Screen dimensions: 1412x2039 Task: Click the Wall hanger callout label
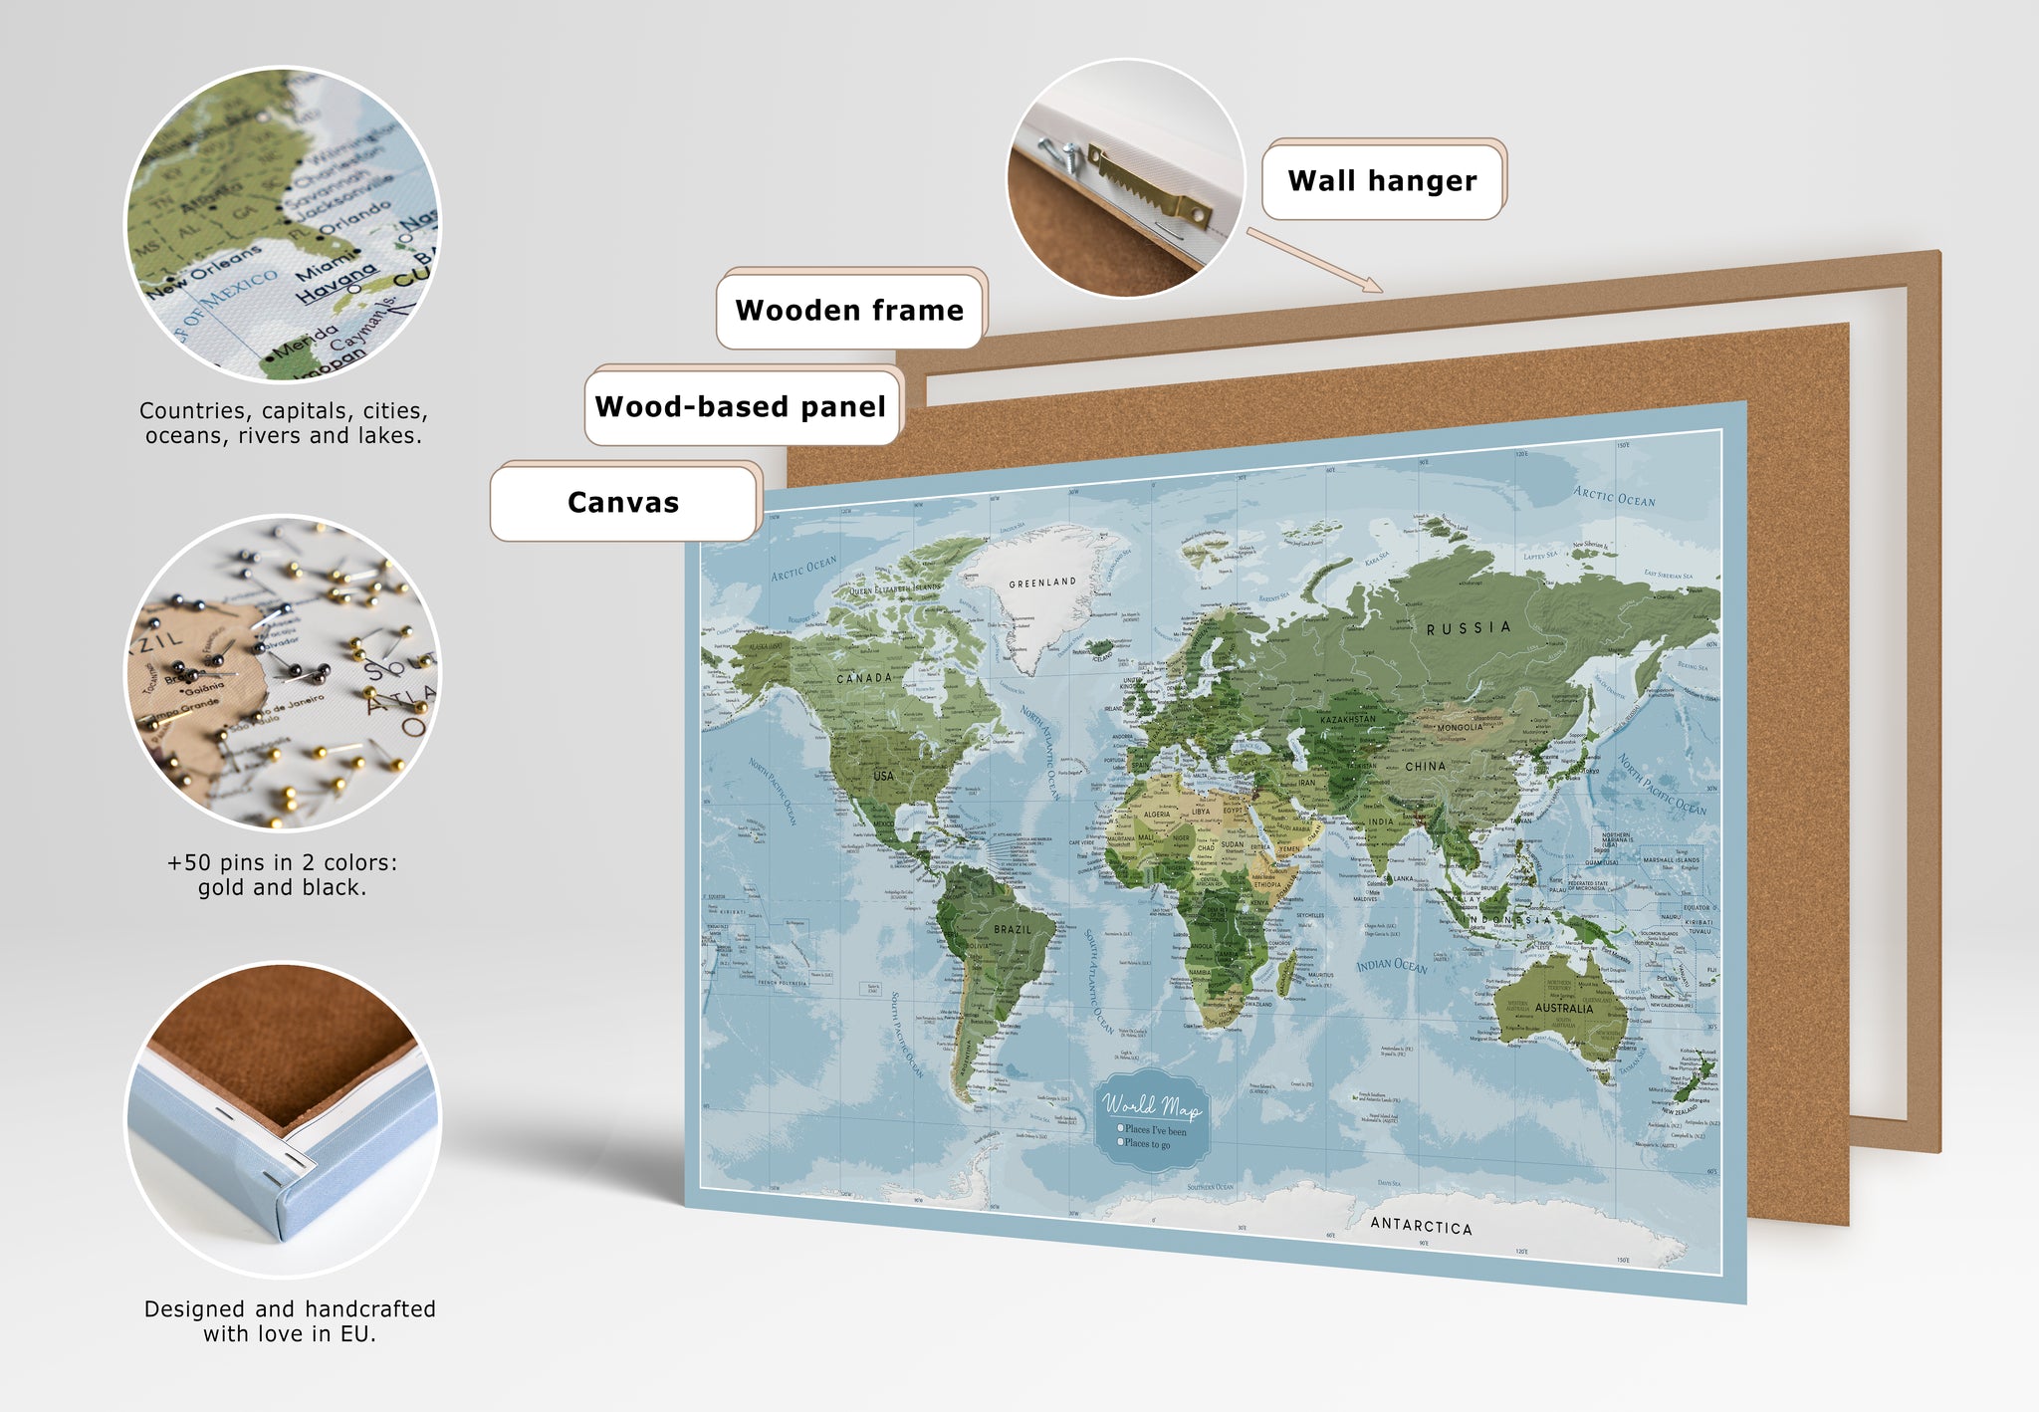pyautogui.click(x=1382, y=181)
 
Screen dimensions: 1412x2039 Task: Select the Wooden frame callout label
pyautogui.click(x=849, y=311)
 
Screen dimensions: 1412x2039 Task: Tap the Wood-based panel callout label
pyautogui.click(x=741, y=407)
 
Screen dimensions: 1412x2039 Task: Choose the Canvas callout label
pyautogui.click(x=623, y=503)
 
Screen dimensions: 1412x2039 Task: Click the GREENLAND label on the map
pyautogui.click(x=1042, y=583)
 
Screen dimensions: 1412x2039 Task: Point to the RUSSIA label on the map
pyautogui.click(x=1469, y=628)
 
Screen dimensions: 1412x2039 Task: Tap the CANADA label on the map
pyautogui.click(x=864, y=678)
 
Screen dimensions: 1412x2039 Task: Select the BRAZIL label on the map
pyautogui.click(x=1013, y=929)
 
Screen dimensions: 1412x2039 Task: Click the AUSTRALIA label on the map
pyautogui.click(x=1564, y=1008)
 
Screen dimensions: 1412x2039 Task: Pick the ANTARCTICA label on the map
pyautogui.click(x=1421, y=1225)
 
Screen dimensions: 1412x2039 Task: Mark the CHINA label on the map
pyautogui.click(x=1425, y=766)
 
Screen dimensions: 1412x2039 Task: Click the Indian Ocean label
pyautogui.click(x=1392, y=965)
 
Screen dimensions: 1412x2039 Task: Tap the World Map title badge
pyautogui.click(x=1151, y=1120)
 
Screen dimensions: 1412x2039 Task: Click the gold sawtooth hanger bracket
pyautogui.click(x=1151, y=189)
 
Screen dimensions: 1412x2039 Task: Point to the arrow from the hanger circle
pyautogui.click(x=1314, y=260)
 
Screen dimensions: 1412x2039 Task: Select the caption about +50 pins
pyautogui.click(x=282, y=874)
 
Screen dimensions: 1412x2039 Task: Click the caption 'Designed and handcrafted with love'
pyautogui.click(x=290, y=1320)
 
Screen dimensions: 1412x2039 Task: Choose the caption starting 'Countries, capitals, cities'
pyautogui.click(x=284, y=423)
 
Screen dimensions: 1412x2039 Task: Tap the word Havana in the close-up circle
pyautogui.click(x=338, y=282)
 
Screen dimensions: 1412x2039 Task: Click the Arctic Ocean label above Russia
pyautogui.click(x=1614, y=496)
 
